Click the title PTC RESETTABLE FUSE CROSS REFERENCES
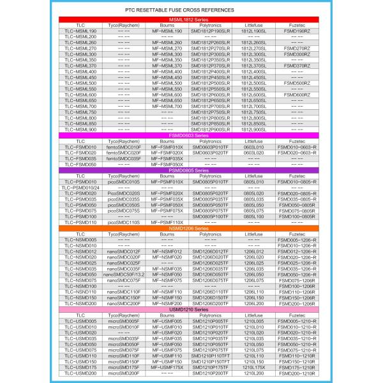click(191, 11)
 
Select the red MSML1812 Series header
click(191, 20)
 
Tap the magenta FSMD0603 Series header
click(191, 135)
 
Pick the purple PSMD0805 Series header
click(191, 170)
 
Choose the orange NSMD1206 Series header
click(191, 228)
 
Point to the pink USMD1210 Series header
click(191, 309)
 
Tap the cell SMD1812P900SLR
click(211, 130)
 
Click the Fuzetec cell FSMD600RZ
click(296, 94)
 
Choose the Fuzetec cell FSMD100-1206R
click(296, 286)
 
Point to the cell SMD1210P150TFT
click(211, 361)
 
